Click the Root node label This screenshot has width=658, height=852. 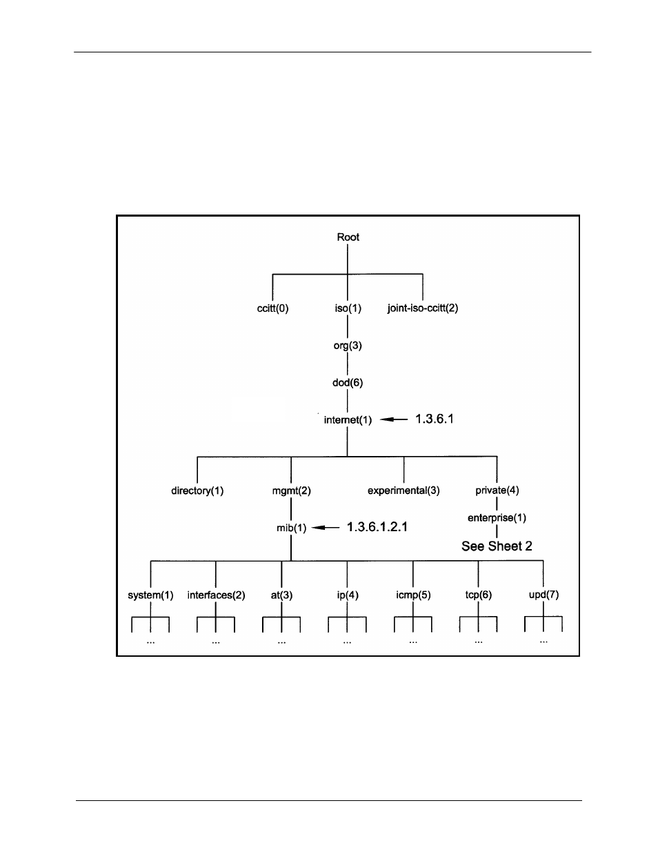pyautogui.click(x=348, y=237)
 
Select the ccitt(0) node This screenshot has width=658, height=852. pyautogui.click(x=272, y=308)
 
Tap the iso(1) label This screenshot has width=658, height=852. pyautogui.click(x=348, y=308)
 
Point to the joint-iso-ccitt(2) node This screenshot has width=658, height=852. pyautogui.click(x=423, y=308)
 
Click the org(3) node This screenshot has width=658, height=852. pyautogui.click(x=348, y=346)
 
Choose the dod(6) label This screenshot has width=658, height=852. pyautogui.click(x=348, y=383)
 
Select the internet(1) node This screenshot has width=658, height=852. pyautogui.click(x=348, y=419)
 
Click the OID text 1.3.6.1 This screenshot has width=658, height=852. pyautogui.click(x=434, y=419)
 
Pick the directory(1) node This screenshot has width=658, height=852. pyautogui.click(x=197, y=491)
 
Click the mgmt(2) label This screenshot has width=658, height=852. pyautogui.click(x=291, y=491)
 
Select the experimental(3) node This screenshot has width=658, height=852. pyautogui.click(x=403, y=491)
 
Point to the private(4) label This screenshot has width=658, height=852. pyautogui.click(x=497, y=491)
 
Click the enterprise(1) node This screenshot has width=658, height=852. pyautogui.click(x=497, y=518)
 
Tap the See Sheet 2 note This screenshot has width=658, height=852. pyautogui.click(x=497, y=546)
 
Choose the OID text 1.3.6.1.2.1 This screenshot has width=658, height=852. pyautogui.click(x=377, y=527)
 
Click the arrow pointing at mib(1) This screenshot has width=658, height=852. pyautogui.click(x=326, y=528)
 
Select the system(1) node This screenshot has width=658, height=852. pyautogui.click(x=150, y=595)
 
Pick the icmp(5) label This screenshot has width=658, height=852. pyautogui.click(x=413, y=595)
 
